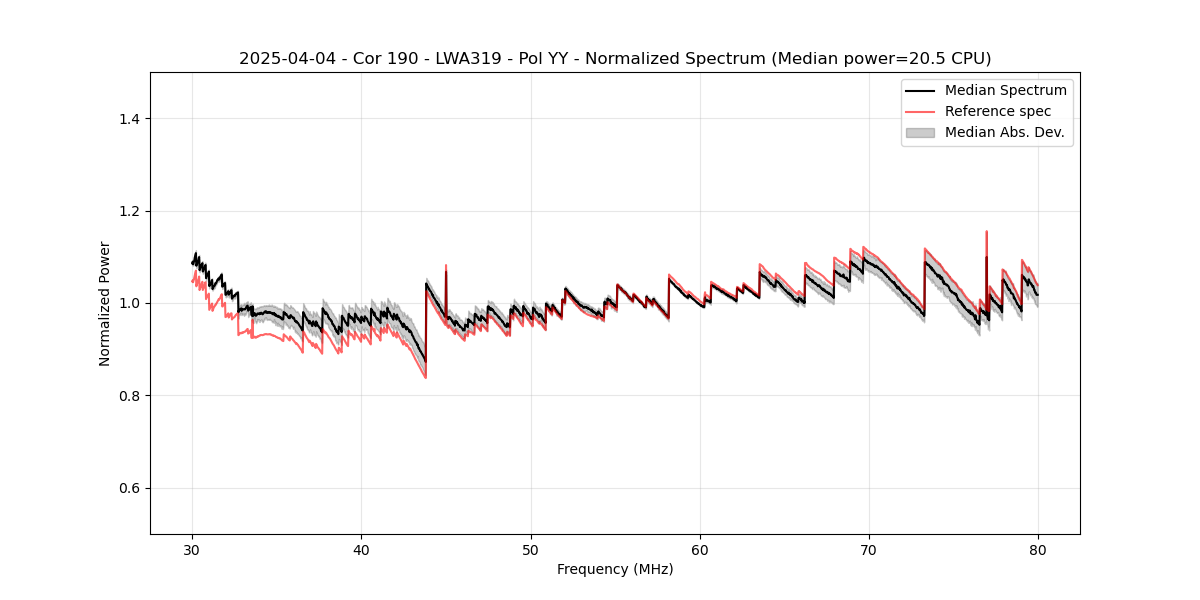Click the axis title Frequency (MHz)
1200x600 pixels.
(x=615, y=569)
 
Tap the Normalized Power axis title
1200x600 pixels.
(x=105, y=303)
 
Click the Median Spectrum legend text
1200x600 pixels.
(x=1005, y=90)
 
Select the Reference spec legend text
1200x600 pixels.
(x=998, y=111)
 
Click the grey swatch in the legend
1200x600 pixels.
(x=920, y=132)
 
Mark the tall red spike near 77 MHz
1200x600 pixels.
(x=986, y=234)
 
